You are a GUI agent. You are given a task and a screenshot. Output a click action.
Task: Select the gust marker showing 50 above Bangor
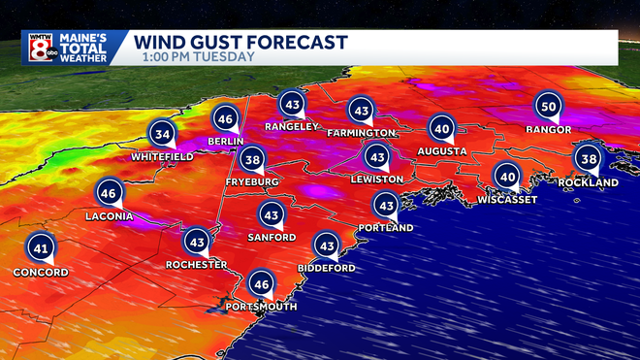tap(548, 107)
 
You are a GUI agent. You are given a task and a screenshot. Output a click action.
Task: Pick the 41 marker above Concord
tap(39, 248)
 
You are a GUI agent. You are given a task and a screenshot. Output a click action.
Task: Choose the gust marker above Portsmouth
tap(260, 283)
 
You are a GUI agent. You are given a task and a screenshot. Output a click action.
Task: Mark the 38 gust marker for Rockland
tap(588, 159)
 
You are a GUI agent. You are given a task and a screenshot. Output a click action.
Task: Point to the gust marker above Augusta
tap(442, 128)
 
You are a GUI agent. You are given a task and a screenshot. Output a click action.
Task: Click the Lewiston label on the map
tap(377, 180)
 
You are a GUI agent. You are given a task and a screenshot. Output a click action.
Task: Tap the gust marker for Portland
tap(386, 205)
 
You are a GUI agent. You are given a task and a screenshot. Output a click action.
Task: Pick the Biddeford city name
tap(327, 267)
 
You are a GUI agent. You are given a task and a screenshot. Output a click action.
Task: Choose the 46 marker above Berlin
tap(227, 118)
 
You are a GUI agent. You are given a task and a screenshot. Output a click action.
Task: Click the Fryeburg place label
tap(253, 181)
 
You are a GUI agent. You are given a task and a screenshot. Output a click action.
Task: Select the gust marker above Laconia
tap(107, 192)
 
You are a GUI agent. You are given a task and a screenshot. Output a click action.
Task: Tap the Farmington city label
tap(361, 132)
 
